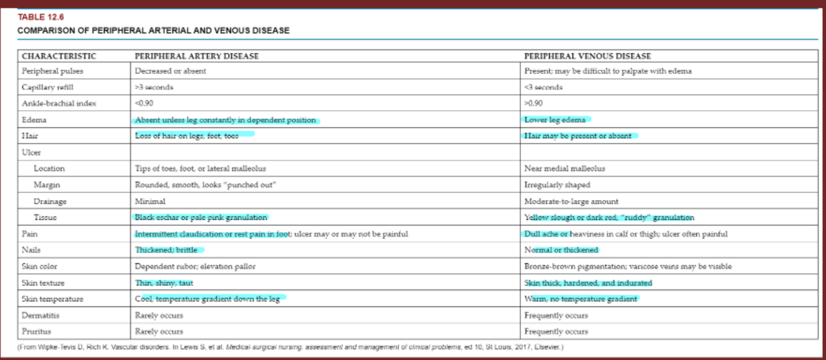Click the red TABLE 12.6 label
click(36, 17)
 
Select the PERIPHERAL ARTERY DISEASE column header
click(197, 56)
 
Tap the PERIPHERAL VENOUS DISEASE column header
click(587, 56)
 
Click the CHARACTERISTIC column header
click(59, 56)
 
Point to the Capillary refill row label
click(47, 87)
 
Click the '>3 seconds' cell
click(154, 87)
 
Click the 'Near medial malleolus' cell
click(564, 168)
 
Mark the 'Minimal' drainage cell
click(150, 201)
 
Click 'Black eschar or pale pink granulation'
click(201, 217)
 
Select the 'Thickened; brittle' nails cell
click(166, 250)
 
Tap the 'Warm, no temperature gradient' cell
click(580, 299)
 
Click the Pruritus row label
click(37, 331)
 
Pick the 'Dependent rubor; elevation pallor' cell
click(195, 266)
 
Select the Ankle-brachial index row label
click(59, 103)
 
